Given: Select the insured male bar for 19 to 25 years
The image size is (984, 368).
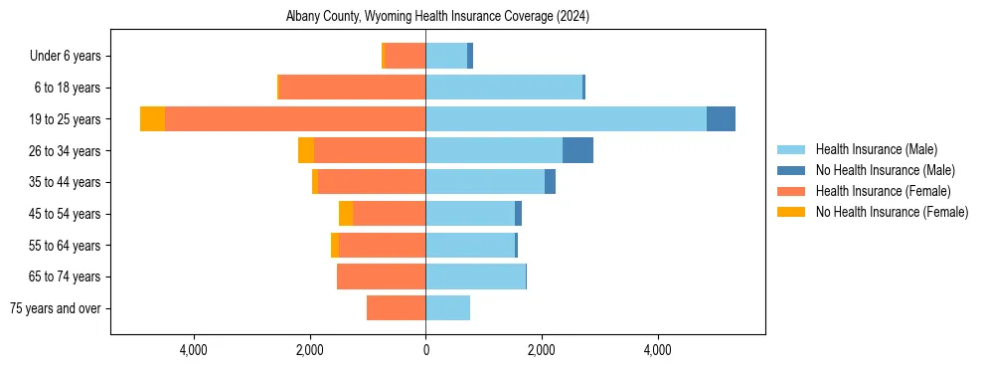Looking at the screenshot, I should tap(566, 119).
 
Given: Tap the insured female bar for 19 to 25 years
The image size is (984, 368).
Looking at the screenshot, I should tap(295, 119).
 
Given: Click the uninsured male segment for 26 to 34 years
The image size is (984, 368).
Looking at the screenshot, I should tap(577, 150).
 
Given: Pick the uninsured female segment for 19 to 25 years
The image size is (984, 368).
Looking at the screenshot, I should tap(152, 119).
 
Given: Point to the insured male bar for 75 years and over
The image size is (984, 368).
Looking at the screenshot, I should tap(447, 308).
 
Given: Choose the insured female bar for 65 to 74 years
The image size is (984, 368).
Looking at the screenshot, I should tap(382, 276).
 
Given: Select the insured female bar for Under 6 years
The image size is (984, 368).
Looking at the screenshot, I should tap(405, 56).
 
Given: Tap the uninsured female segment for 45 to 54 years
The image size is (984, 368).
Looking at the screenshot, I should tap(346, 214).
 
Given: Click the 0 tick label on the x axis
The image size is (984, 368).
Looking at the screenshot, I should tap(425, 350).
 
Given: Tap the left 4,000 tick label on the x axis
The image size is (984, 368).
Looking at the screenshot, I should tap(193, 350).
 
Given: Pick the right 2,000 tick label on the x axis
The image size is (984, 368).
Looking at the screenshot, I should tap(542, 350).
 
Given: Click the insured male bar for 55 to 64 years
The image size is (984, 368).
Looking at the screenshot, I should tap(470, 245).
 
